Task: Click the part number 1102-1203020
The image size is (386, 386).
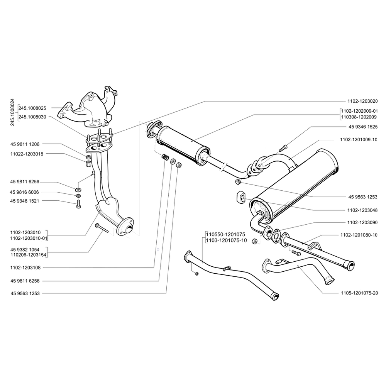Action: coord(359,101)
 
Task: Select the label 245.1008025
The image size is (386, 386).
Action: coord(32,108)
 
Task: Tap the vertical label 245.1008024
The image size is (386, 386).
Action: coord(12,112)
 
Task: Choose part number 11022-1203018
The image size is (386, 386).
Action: coord(27,154)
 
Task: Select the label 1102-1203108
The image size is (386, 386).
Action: coord(27,267)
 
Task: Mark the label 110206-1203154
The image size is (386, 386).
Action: coord(29,255)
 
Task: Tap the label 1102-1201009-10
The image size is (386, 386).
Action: coord(359,139)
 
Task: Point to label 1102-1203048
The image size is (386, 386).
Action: coord(359,210)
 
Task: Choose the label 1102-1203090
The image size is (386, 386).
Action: coord(359,223)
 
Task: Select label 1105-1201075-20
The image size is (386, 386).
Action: coord(359,293)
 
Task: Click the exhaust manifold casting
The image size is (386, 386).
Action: coord(91,108)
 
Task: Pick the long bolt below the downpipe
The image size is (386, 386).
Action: coord(102,228)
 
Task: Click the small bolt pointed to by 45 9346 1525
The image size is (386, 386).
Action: coord(285,147)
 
